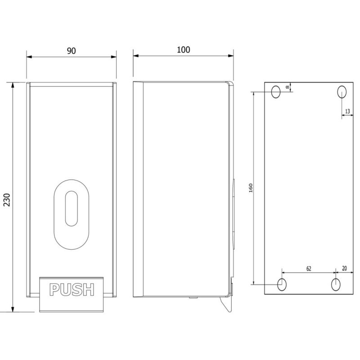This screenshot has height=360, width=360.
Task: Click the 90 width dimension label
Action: [71, 51]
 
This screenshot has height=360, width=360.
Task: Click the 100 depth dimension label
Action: [183, 50]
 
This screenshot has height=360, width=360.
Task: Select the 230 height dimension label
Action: [7, 200]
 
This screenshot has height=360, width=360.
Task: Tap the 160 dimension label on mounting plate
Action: [251, 188]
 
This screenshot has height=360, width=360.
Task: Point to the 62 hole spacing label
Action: [309, 268]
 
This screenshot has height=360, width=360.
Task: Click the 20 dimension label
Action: [344, 268]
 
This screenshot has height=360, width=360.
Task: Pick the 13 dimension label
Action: [347, 111]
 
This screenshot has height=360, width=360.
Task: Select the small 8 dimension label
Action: [288, 87]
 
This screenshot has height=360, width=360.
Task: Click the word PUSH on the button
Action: [72, 289]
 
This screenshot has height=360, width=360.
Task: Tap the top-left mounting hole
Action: [276, 92]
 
